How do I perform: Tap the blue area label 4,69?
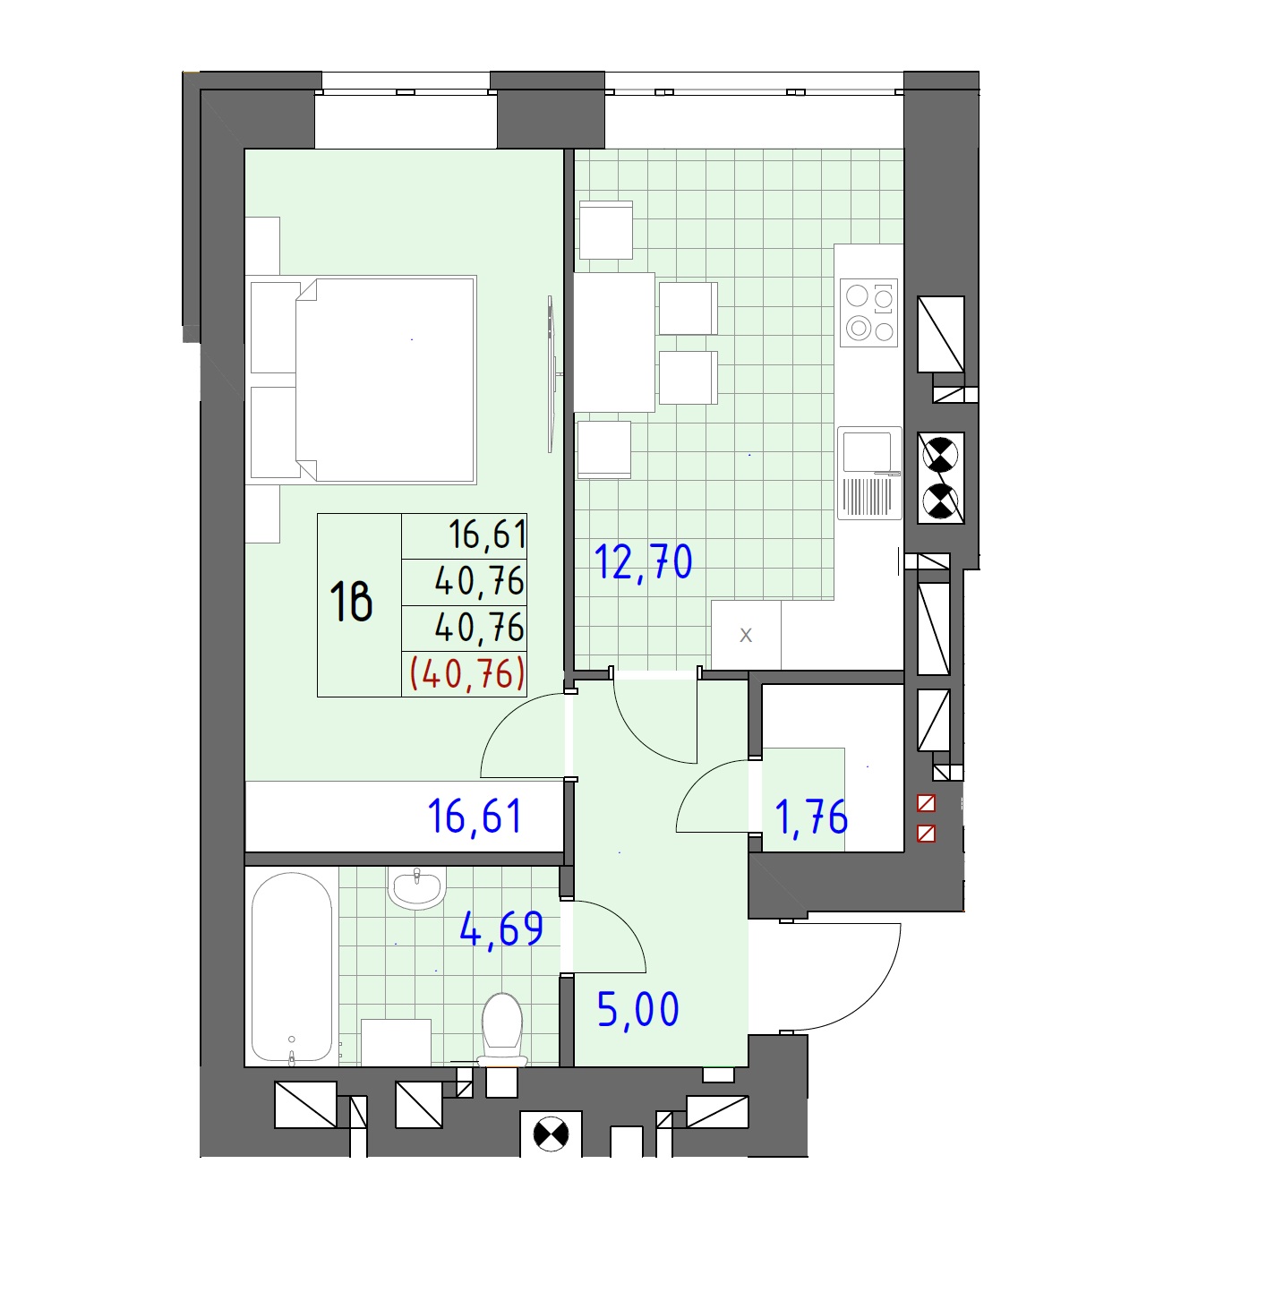point(500,929)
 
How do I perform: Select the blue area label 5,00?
point(637,1010)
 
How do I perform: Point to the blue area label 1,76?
point(810,817)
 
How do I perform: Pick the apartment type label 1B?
point(351,602)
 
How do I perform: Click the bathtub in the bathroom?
point(292,968)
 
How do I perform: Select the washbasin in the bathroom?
point(417,887)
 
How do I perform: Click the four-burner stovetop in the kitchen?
point(869,313)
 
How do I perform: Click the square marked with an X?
point(746,634)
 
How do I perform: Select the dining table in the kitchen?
point(613,342)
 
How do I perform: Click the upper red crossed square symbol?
point(926,802)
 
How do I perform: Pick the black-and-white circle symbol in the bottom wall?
point(551,1134)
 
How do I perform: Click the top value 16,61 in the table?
point(487,535)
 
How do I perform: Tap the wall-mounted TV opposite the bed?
point(552,374)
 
